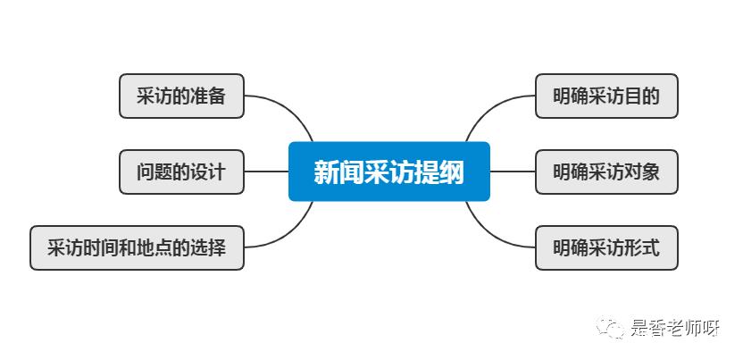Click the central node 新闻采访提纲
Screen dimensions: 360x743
click(x=388, y=172)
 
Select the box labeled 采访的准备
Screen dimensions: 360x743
click(x=181, y=96)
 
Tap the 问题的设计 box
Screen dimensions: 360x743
click(x=181, y=172)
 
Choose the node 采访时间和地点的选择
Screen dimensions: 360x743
click(x=137, y=247)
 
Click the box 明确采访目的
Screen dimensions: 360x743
click(x=606, y=96)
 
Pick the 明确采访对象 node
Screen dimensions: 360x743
click(x=606, y=172)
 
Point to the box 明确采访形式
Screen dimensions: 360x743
click(x=606, y=247)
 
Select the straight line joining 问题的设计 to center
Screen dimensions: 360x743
click(x=266, y=172)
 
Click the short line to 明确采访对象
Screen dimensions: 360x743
click(x=513, y=172)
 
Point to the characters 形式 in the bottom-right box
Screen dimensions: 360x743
click(x=642, y=247)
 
